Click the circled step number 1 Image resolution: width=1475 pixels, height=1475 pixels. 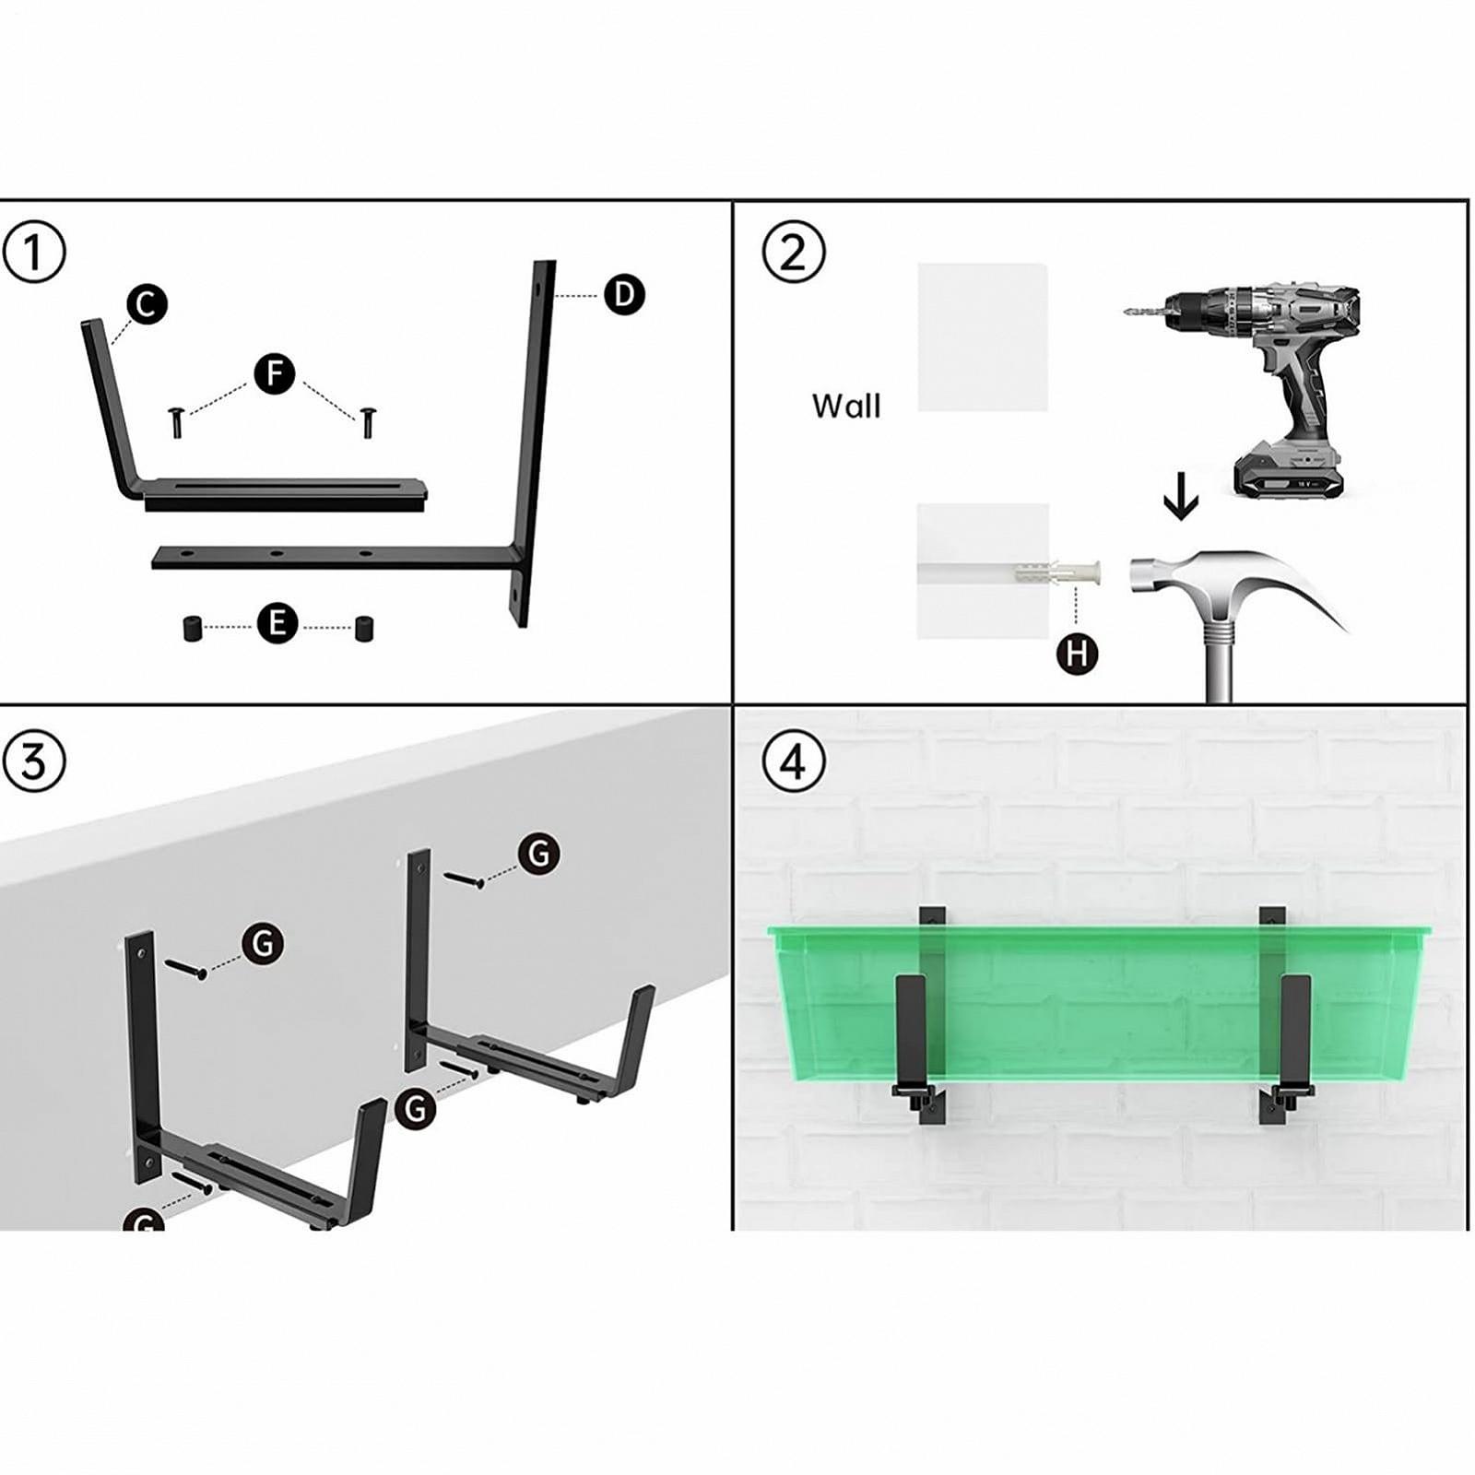(x=34, y=252)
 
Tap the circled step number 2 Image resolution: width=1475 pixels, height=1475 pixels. (x=794, y=252)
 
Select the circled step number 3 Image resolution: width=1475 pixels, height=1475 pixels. (x=34, y=761)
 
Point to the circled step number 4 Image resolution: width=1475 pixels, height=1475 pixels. (x=794, y=761)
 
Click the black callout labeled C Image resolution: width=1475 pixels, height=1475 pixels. (x=146, y=304)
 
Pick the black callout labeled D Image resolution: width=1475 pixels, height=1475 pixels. (x=624, y=295)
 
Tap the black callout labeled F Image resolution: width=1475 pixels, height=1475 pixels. (x=274, y=374)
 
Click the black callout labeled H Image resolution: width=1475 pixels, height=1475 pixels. (x=1077, y=655)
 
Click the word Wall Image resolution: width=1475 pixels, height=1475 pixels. (x=846, y=406)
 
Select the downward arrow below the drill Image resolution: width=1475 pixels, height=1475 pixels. (x=1180, y=503)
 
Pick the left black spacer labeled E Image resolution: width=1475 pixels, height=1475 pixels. (x=193, y=630)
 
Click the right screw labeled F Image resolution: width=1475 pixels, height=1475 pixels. (x=367, y=422)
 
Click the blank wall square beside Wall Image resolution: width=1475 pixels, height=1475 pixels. (x=983, y=337)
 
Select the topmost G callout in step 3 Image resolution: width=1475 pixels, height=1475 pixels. (x=538, y=854)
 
